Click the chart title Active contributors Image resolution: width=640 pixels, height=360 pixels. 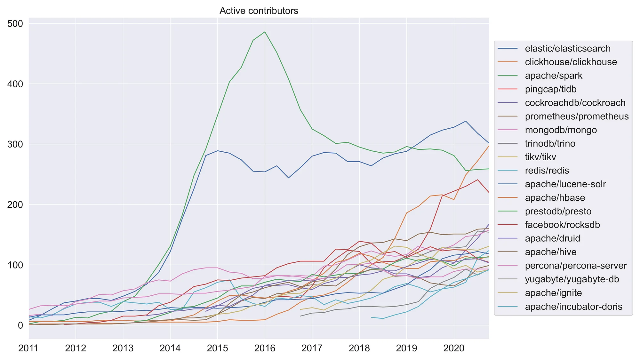(x=259, y=11)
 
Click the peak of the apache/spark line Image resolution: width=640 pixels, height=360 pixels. (x=265, y=32)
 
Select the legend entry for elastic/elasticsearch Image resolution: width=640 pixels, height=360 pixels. (x=567, y=49)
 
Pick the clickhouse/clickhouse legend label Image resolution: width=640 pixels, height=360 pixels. (x=571, y=62)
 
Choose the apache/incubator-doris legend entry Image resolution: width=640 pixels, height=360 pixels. (x=573, y=307)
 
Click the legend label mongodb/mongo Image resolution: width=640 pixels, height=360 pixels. (x=561, y=130)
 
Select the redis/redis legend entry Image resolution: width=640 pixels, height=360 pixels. (x=547, y=171)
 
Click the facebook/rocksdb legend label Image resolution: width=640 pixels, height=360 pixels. (x=562, y=225)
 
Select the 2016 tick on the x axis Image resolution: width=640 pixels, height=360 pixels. (x=265, y=348)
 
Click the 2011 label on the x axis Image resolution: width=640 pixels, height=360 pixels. (x=28, y=348)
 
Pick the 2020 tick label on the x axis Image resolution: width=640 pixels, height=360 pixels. (x=454, y=348)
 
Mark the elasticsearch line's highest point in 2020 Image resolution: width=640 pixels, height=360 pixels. (x=466, y=121)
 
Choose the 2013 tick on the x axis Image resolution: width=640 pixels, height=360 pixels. (x=123, y=348)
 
